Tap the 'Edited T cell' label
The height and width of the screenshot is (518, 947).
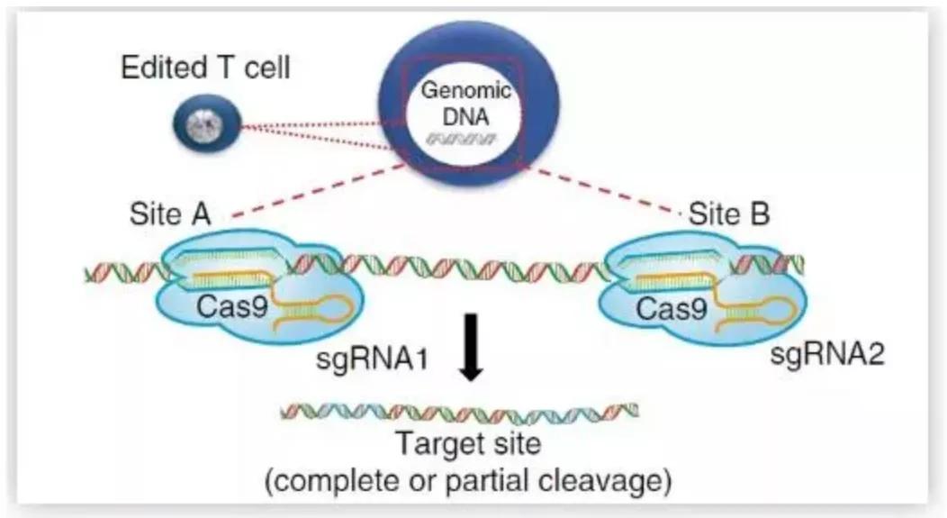pos(205,68)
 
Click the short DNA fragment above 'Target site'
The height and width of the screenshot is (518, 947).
pos(460,413)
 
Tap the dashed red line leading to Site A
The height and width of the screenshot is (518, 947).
pos(315,192)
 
